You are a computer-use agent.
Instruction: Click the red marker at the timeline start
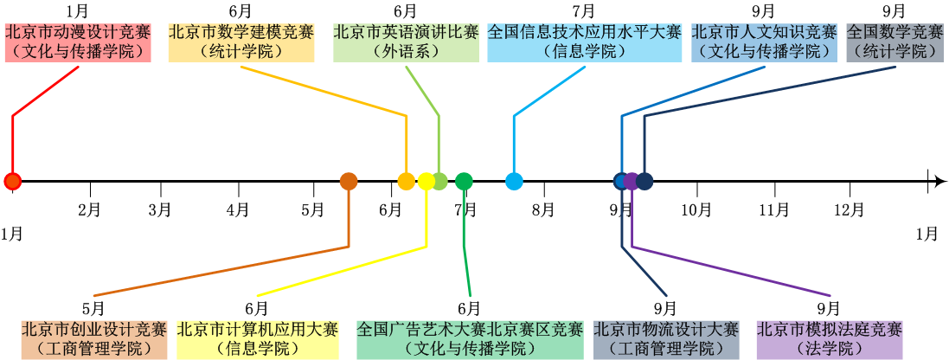click(12, 181)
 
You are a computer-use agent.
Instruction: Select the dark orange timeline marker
click(349, 181)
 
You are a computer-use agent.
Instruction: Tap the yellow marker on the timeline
click(426, 181)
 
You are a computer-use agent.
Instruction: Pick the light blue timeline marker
click(514, 181)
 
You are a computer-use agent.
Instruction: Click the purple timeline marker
click(632, 181)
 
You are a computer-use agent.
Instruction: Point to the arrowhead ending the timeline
click(935, 181)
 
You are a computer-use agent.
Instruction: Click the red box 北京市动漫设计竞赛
click(78, 42)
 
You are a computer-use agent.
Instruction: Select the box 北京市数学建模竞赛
click(240, 42)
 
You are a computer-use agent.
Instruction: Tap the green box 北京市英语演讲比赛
click(406, 42)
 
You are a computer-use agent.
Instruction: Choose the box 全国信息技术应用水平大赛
click(584, 42)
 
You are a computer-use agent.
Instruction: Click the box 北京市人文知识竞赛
click(764, 42)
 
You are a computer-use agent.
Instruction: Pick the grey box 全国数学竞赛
click(894, 42)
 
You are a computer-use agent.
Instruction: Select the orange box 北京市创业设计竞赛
click(93, 339)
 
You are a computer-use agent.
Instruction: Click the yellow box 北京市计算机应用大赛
click(257, 339)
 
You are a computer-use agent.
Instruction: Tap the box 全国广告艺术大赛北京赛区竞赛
click(470, 339)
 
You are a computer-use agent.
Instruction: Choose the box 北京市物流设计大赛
click(665, 339)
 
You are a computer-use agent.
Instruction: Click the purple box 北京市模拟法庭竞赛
click(829, 339)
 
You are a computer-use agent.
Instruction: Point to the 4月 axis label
click(238, 209)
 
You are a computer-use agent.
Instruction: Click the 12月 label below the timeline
click(850, 209)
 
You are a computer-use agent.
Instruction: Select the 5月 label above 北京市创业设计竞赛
click(93, 308)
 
